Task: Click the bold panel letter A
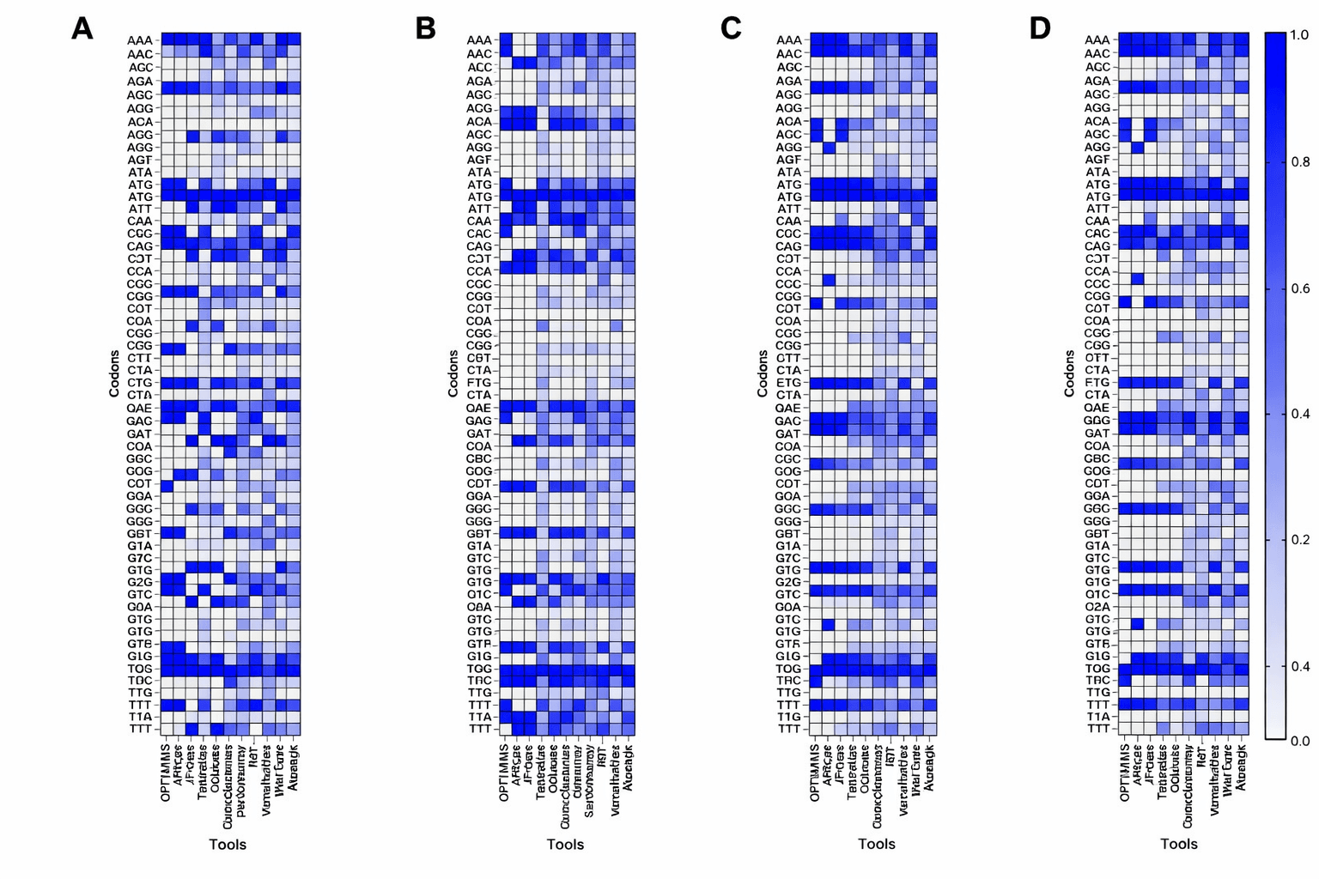click(82, 28)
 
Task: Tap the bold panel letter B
click(425, 28)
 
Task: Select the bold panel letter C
click(731, 28)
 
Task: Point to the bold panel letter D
click(1040, 28)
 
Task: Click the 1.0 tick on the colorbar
click(1299, 35)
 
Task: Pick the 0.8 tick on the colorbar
click(1299, 162)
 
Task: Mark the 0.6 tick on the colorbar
click(1299, 288)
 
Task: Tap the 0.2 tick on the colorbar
click(1299, 540)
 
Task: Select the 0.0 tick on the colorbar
click(1299, 741)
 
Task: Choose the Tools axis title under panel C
click(876, 844)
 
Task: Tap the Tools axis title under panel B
click(565, 845)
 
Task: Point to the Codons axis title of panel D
click(1069, 373)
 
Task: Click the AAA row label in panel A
click(140, 40)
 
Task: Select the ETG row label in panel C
click(788, 383)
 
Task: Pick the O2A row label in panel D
click(1097, 607)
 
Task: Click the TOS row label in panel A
click(140, 669)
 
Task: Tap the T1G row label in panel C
click(788, 717)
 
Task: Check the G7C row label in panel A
click(140, 558)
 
